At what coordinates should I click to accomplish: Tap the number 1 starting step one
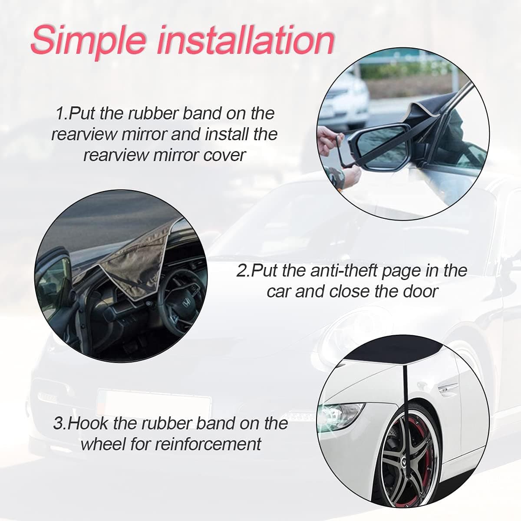tap(60, 114)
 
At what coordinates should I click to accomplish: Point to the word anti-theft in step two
tap(339, 271)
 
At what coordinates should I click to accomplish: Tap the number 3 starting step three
tap(58, 423)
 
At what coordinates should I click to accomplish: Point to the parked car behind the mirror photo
tap(345, 96)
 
